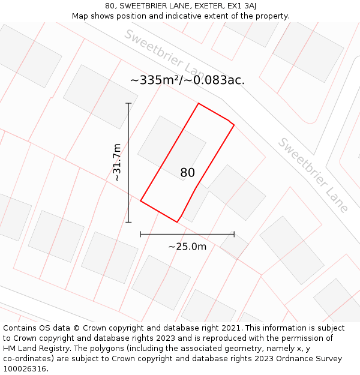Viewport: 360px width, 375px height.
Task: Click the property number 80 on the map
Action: pyautogui.click(x=187, y=173)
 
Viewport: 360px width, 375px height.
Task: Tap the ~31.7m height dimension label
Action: pyautogui.click(x=117, y=162)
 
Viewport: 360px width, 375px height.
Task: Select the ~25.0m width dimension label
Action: pyautogui.click(x=187, y=247)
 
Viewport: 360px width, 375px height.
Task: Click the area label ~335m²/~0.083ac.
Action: pyautogui.click(x=187, y=80)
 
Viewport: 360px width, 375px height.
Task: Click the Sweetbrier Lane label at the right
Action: pyautogui.click(x=313, y=175)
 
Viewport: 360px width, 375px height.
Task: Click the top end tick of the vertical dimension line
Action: pyautogui.click(x=128, y=103)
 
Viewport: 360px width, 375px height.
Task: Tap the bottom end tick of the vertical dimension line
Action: pyautogui.click(x=128, y=222)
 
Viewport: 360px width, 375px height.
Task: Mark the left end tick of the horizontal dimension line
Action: pyautogui.click(x=140, y=234)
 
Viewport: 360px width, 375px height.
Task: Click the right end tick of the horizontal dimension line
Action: pyautogui.click(x=234, y=234)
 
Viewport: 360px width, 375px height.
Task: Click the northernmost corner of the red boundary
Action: pyautogui.click(x=199, y=103)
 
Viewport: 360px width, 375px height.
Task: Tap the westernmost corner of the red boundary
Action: pyautogui.click(x=140, y=200)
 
